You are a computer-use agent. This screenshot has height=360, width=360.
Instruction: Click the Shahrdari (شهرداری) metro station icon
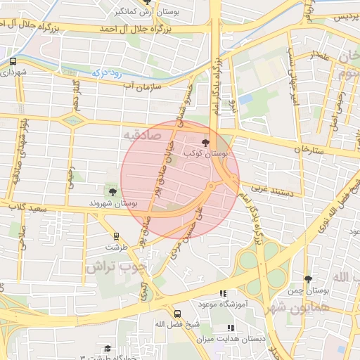13,61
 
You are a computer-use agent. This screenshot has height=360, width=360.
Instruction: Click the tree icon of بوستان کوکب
206,141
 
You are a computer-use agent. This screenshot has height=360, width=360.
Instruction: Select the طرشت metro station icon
116,237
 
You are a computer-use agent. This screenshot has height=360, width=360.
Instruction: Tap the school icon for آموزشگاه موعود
223,293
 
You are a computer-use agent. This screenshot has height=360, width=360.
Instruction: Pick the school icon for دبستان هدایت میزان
231,328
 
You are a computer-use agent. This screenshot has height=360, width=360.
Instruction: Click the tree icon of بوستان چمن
307,279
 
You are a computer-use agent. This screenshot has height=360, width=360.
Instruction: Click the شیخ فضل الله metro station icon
176,314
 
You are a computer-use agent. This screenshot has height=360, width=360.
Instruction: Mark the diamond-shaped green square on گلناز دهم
71,121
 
